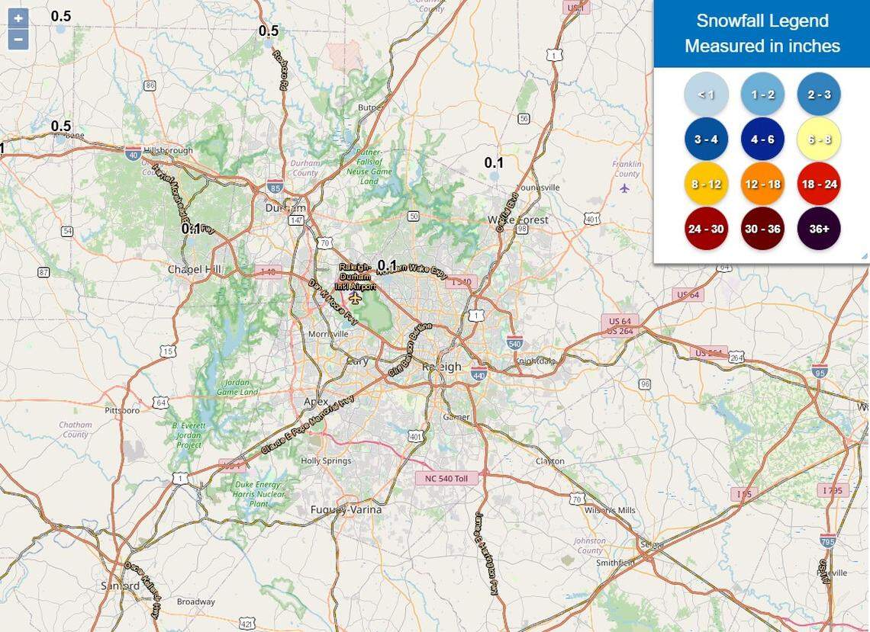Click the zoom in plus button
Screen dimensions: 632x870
coord(18,18)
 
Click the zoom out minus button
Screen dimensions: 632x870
coord(18,39)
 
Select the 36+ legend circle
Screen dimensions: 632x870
coord(819,228)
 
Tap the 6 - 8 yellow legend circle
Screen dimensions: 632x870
coord(819,140)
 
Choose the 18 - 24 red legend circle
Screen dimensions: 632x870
coord(819,184)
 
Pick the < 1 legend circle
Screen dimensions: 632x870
coord(706,95)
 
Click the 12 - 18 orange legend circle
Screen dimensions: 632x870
coord(762,184)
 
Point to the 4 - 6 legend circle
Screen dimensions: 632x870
coord(762,140)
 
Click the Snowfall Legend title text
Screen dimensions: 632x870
coord(762,21)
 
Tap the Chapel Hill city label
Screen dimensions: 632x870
coord(195,269)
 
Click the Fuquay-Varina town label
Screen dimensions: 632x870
coord(346,509)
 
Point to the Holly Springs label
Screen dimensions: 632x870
coord(326,461)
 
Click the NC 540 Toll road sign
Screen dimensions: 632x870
coord(446,478)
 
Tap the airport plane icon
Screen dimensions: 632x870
coord(355,296)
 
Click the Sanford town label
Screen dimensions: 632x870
coord(121,586)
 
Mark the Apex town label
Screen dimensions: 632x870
coord(316,402)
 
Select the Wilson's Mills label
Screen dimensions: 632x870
coord(609,510)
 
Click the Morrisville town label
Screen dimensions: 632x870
coord(329,334)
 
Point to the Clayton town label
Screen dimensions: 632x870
coord(549,461)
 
